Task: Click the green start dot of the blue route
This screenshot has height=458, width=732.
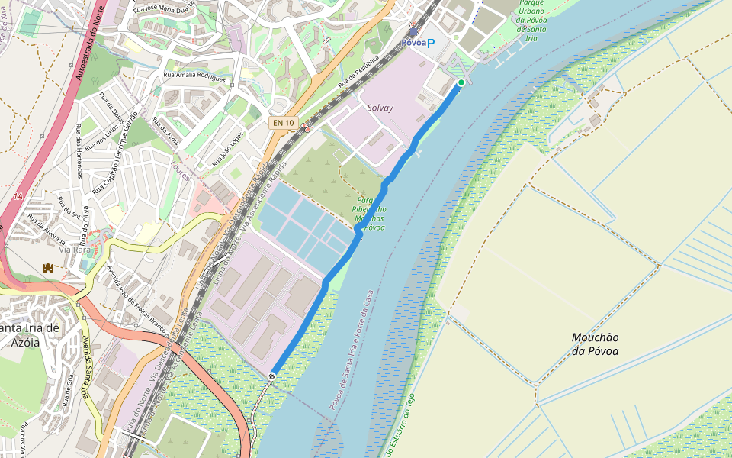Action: click(461, 82)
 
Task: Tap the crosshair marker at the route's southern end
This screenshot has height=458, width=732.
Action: click(272, 376)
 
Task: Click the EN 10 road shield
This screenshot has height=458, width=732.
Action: click(282, 122)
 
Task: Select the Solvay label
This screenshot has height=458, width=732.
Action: click(380, 108)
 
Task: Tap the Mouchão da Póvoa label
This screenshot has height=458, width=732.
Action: click(596, 343)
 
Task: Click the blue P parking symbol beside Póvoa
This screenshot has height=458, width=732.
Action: click(430, 43)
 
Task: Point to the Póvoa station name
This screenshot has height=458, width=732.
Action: click(413, 43)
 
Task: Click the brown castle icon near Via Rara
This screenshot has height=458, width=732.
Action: click(49, 267)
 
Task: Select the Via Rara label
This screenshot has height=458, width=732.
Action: click(75, 250)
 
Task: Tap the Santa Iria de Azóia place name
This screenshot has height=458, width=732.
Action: click(29, 335)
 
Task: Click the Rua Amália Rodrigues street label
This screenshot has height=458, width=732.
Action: click(194, 76)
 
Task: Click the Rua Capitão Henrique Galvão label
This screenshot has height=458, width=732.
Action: click(114, 153)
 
